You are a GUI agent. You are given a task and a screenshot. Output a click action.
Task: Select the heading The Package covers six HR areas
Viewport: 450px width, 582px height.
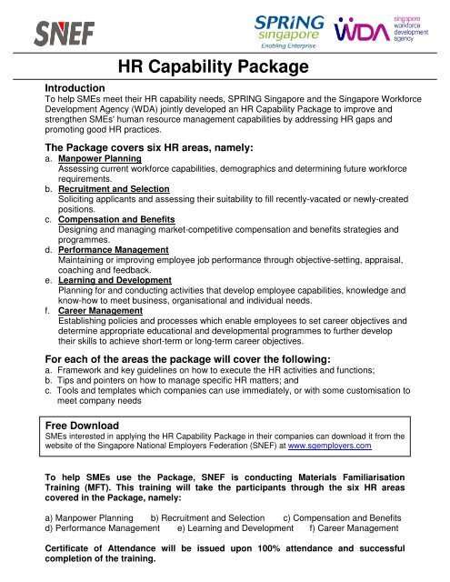(x=148, y=145)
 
